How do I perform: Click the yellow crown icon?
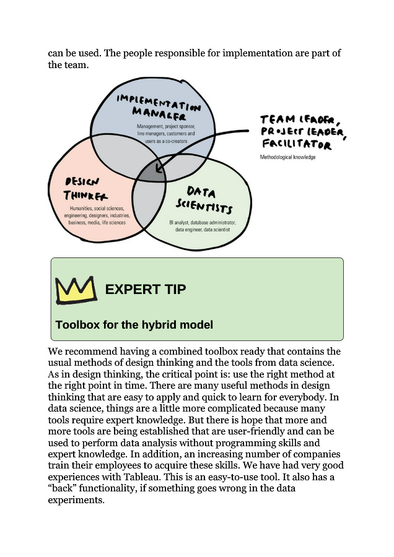[x=76, y=290]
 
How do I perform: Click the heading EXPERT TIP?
[x=146, y=289]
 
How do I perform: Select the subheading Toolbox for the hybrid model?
[x=134, y=325]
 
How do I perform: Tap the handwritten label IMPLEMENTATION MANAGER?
[x=159, y=107]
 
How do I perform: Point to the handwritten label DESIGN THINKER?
[x=85, y=189]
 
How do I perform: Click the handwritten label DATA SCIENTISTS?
[x=204, y=201]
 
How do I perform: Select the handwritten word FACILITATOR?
[x=297, y=144]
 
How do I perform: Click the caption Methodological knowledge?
[x=287, y=157]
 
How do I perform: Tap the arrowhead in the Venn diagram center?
[x=159, y=167]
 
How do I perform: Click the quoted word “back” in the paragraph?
[x=62, y=488]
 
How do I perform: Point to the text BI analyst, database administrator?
[x=203, y=223]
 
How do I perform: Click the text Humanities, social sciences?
[x=97, y=209]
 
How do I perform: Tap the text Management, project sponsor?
[x=166, y=126]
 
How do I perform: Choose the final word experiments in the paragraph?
[x=76, y=500]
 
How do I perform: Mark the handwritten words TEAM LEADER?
[x=300, y=119]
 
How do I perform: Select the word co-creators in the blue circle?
[x=176, y=141]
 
